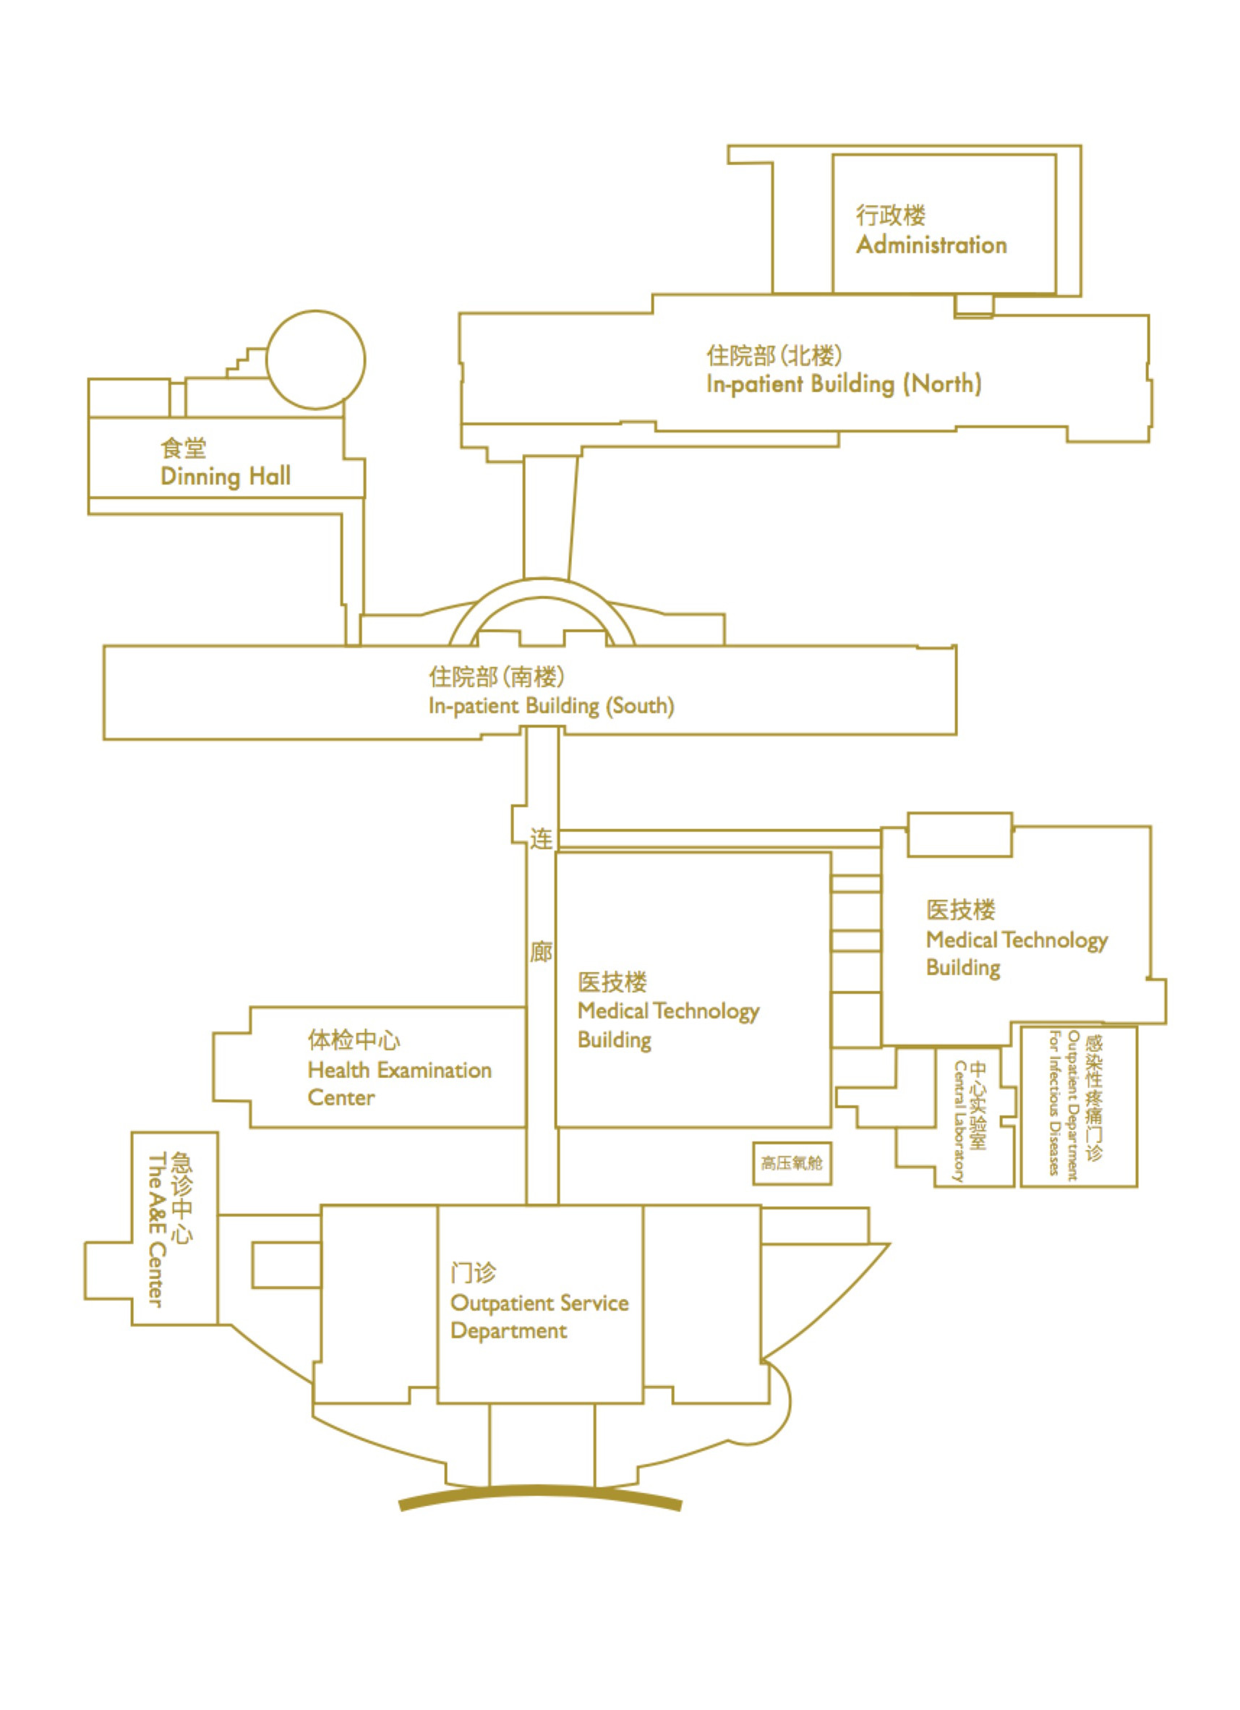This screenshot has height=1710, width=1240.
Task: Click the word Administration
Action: [x=931, y=245]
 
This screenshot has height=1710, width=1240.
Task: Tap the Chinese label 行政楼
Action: [x=890, y=216]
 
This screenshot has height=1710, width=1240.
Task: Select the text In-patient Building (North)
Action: [x=844, y=385]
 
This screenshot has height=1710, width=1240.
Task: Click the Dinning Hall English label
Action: [x=226, y=477]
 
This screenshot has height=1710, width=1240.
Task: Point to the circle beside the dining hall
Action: [x=316, y=360]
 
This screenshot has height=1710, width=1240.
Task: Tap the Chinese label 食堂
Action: [x=183, y=448]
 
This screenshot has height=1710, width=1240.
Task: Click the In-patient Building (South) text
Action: [x=551, y=707]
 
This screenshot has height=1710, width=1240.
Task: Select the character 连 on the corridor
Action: [x=542, y=838]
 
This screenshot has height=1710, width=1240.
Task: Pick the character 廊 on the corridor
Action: [x=542, y=952]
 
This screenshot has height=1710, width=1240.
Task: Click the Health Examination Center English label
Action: [x=399, y=1084]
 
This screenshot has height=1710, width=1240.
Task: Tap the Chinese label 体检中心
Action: [x=354, y=1040]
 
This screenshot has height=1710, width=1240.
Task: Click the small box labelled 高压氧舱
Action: [x=792, y=1163]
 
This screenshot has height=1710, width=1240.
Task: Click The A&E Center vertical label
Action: [x=155, y=1230]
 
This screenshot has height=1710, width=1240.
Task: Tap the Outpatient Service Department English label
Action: [x=539, y=1316]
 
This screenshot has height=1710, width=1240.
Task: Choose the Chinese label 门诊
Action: [x=474, y=1273]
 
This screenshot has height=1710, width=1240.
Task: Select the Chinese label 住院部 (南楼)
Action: [x=497, y=677]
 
